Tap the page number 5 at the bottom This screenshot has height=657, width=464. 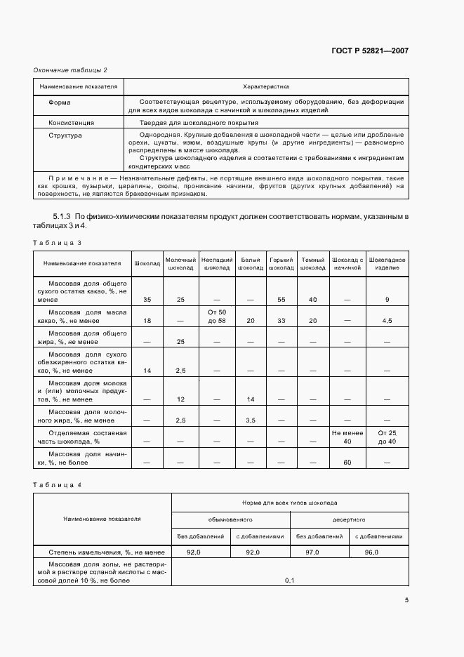tap(406, 599)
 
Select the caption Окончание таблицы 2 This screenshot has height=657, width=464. tap(70, 69)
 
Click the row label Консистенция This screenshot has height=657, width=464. tap(71, 121)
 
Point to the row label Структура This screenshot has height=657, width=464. tap(65, 135)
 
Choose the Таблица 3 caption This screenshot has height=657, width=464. tap(58, 242)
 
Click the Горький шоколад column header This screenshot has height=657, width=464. tap(281, 264)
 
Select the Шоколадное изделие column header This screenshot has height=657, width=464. tap(387, 264)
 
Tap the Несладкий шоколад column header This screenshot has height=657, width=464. tap(216, 264)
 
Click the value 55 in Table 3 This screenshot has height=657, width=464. tap(281, 300)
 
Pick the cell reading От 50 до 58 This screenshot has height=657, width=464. tap(216, 316)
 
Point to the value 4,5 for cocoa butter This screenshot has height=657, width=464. tap(387, 321)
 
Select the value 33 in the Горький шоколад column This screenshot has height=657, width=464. tap(281, 321)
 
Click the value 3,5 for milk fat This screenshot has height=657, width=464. tap(250, 420)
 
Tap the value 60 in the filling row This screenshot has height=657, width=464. tap(347, 463)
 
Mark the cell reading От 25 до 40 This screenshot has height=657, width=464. tap(387, 437)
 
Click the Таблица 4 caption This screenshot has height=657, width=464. tap(58, 485)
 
